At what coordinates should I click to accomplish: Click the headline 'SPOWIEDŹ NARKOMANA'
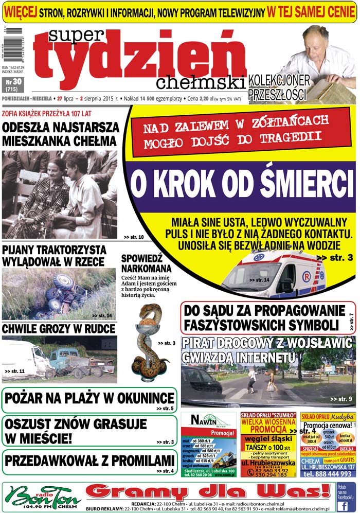click(x=146, y=263)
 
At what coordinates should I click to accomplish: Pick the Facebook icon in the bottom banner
click(x=346, y=497)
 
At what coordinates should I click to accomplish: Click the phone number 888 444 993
click(x=333, y=474)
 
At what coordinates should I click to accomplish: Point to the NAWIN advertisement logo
click(x=208, y=420)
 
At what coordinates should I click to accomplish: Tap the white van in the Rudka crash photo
click(x=23, y=358)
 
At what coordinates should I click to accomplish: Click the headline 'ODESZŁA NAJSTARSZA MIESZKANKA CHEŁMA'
click(x=61, y=133)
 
